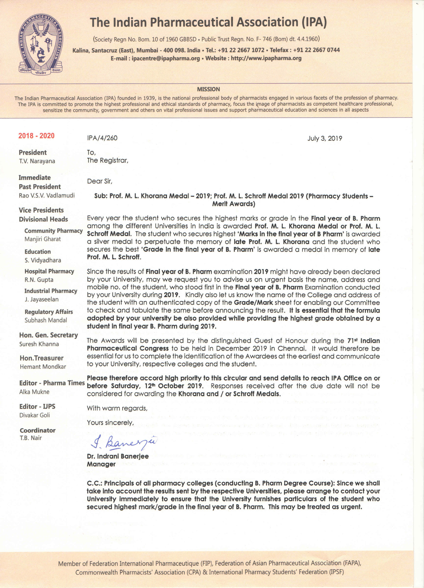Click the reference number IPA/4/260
coord(102,138)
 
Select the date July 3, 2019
coord(325,138)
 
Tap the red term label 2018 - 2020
coord(36,136)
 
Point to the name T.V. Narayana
coord(37,161)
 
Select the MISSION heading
coord(208,89)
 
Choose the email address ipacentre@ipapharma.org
coord(166,59)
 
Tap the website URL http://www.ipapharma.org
coord(266,58)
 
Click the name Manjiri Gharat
coord(42,239)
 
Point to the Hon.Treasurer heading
coord(42,358)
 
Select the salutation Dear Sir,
coord(99,181)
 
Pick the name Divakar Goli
coord(34,415)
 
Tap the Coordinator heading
coord(38,430)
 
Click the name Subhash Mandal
coord(46,320)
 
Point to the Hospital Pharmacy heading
coord(49,271)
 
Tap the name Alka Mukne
coord(34,392)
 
